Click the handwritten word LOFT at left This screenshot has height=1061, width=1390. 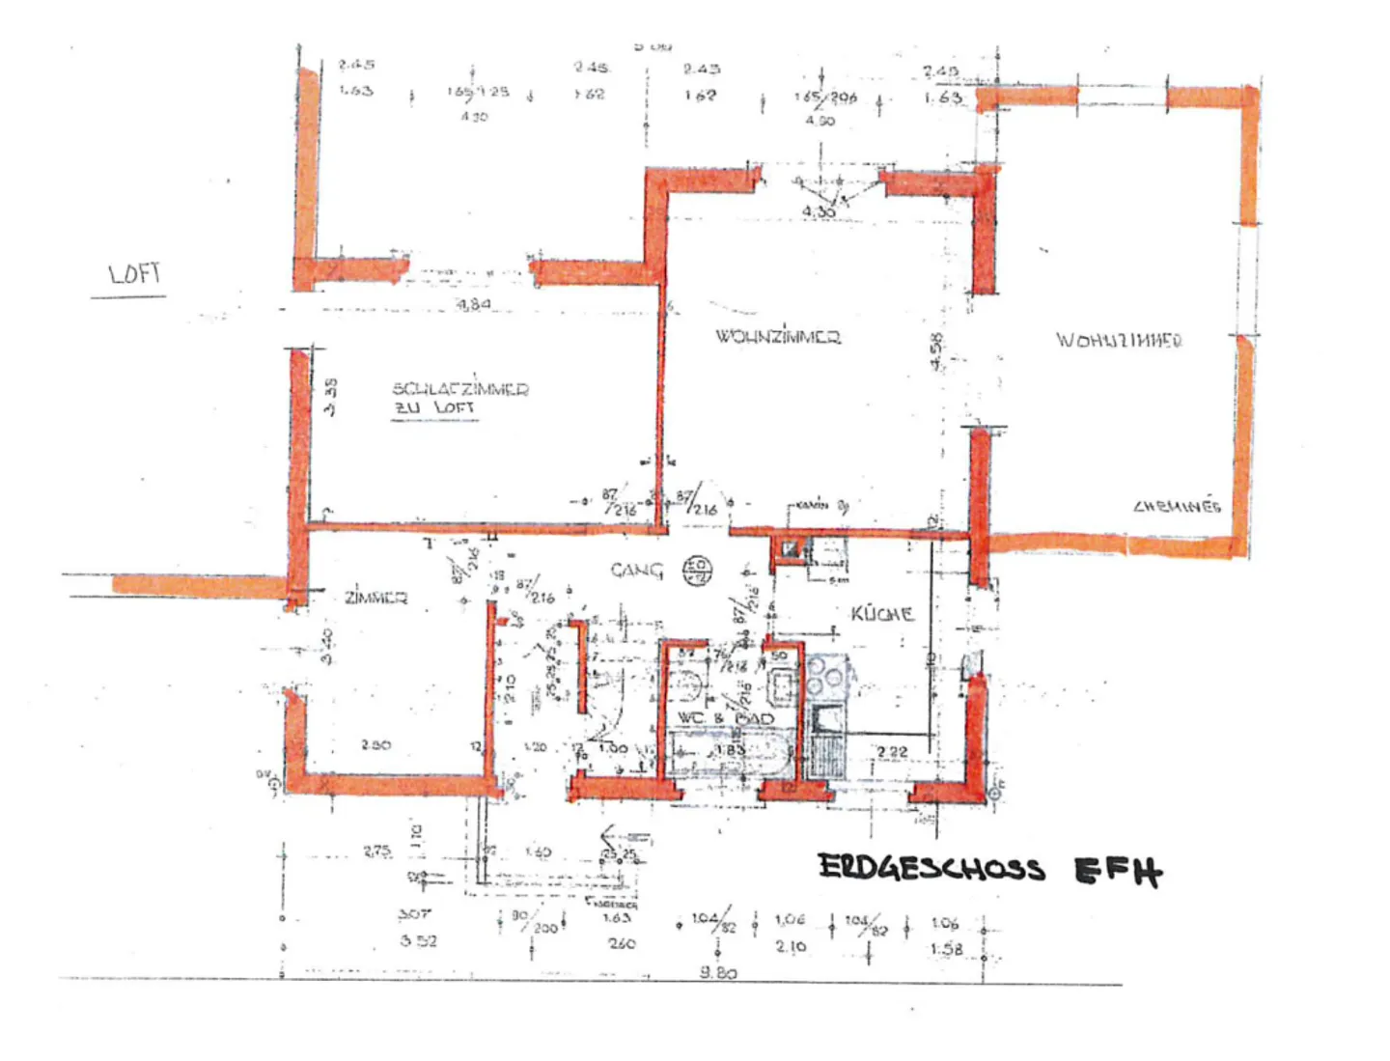[x=134, y=274]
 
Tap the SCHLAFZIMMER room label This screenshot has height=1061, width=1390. [x=459, y=388]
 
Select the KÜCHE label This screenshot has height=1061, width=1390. [x=881, y=614]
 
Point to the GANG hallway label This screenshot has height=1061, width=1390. [x=637, y=571]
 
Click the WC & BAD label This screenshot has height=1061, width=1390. [x=725, y=718]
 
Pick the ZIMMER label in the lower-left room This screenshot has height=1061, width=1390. [x=375, y=598]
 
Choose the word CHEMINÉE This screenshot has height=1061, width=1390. [x=1177, y=506]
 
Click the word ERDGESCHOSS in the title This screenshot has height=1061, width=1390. [x=931, y=868]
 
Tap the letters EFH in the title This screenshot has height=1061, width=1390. [x=1118, y=872]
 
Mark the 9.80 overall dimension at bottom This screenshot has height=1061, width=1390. [x=718, y=972]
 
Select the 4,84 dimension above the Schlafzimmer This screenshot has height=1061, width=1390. [x=473, y=304]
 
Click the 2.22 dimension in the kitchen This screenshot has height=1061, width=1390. [x=892, y=751]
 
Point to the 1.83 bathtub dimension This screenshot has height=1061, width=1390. [x=730, y=750]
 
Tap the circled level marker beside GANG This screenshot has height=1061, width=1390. [x=697, y=570]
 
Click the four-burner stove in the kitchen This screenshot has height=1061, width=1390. [x=826, y=676]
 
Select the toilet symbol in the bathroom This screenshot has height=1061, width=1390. [x=687, y=685]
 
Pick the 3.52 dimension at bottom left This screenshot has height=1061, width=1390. [x=418, y=940]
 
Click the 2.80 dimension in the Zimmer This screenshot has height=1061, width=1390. [x=375, y=744]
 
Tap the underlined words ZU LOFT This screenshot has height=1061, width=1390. [x=434, y=408]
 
